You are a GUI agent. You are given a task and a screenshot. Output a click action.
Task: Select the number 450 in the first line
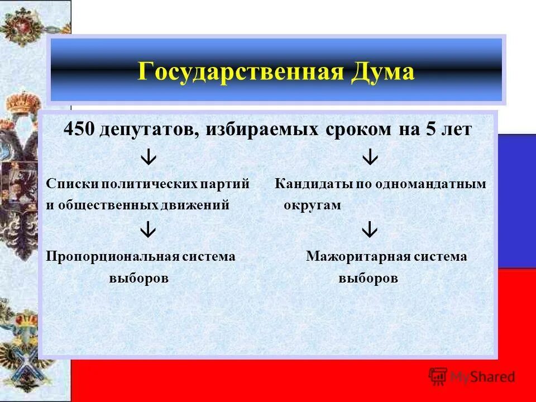[x=80, y=130]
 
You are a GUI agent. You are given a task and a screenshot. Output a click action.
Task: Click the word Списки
[x=69, y=184]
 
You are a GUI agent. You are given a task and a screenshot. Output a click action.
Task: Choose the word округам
[x=312, y=205]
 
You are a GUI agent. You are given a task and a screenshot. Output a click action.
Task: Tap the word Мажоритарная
[x=354, y=256]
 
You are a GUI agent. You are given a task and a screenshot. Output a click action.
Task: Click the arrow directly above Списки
[x=148, y=158]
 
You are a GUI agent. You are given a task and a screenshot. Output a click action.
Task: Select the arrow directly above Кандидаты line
[x=370, y=158]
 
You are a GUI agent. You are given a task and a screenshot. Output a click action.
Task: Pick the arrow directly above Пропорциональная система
[x=148, y=229]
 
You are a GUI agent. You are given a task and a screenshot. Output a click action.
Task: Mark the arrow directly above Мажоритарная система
[x=370, y=229]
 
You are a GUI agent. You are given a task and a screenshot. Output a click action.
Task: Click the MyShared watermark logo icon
[x=438, y=376]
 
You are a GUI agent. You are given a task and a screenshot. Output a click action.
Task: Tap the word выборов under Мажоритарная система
[x=368, y=278]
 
